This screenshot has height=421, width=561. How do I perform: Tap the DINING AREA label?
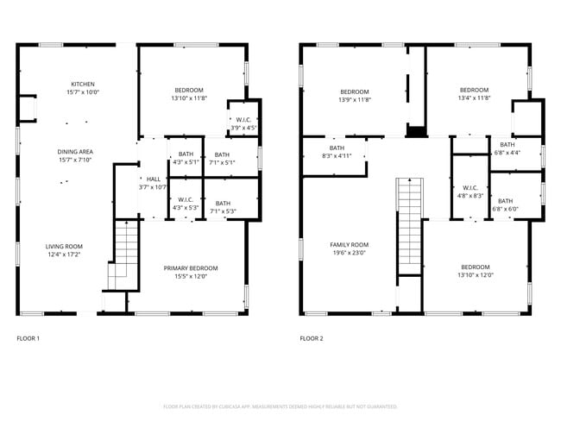point(76,151)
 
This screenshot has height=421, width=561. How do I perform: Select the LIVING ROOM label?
point(65,247)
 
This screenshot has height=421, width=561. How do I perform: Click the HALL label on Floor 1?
point(153,179)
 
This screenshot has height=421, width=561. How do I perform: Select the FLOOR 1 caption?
point(28,338)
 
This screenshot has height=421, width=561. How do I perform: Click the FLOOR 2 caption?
point(312,338)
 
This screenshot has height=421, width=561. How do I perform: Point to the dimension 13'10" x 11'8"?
point(189,99)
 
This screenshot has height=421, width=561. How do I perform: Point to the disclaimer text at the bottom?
point(280,405)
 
